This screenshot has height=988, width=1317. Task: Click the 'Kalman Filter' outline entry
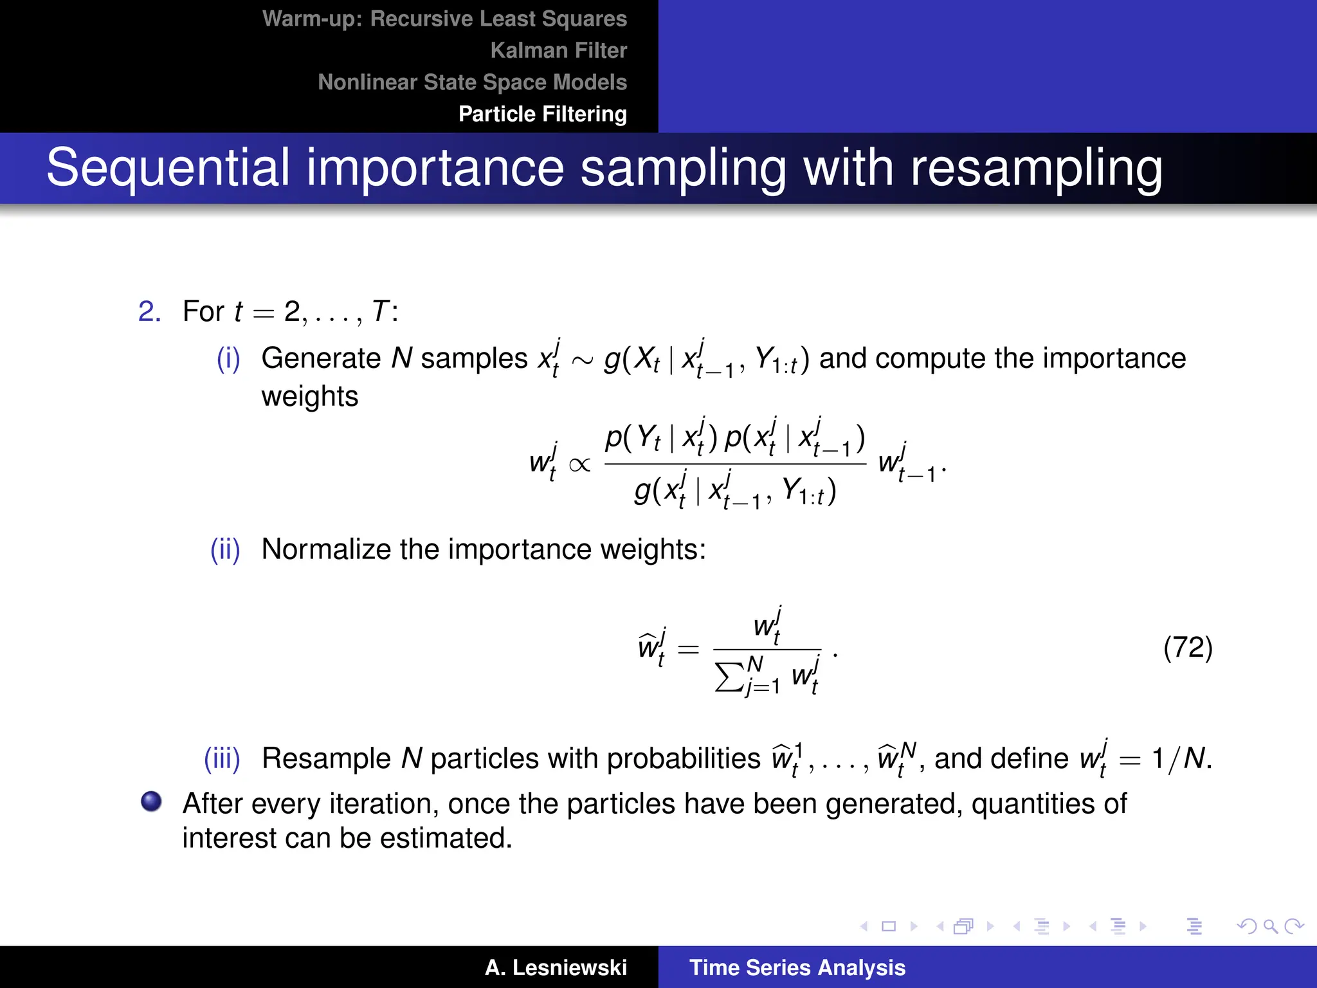pyautogui.click(x=558, y=50)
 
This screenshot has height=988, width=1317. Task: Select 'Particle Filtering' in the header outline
pyautogui.click(x=542, y=114)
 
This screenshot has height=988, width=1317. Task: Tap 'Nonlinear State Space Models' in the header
pyautogui.click(x=472, y=82)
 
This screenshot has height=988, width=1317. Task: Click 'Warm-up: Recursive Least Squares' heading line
pyautogui.click(x=444, y=19)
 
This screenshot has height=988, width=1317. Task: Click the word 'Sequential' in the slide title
pyautogui.click(x=168, y=167)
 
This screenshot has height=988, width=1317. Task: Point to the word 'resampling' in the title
pyautogui.click(x=1036, y=169)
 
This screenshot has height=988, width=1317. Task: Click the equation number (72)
pyautogui.click(x=1187, y=647)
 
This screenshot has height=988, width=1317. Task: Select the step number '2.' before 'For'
pyautogui.click(x=149, y=311)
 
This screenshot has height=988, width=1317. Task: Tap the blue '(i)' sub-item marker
pyautogui.click(x=228, y=358)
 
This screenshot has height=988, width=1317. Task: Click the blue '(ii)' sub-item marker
pyautogui.click(x=225, y=549)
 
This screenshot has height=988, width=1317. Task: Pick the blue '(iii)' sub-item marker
pyautogui.click(x=222, y=758)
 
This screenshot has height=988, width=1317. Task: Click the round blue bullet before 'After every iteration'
pyautogui.click(x=151, y=801)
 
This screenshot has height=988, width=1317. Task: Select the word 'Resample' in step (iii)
pyautogui.click(x=326, y=758)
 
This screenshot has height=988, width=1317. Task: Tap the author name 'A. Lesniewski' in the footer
pyautogui.click(x=556, y=967)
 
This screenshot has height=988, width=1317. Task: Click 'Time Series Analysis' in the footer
pyautogui.click(x=797, y=967)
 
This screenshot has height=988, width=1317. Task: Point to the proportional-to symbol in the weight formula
pyautogui.click(x=579, y=464)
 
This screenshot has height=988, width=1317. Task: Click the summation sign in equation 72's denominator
pyautogui.click(x=729, y=677)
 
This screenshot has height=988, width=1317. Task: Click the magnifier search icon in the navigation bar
pyautogui.click(x=1270, y=926)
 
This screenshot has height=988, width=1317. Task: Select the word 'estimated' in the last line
pyautogui.click(x=445, y=838)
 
